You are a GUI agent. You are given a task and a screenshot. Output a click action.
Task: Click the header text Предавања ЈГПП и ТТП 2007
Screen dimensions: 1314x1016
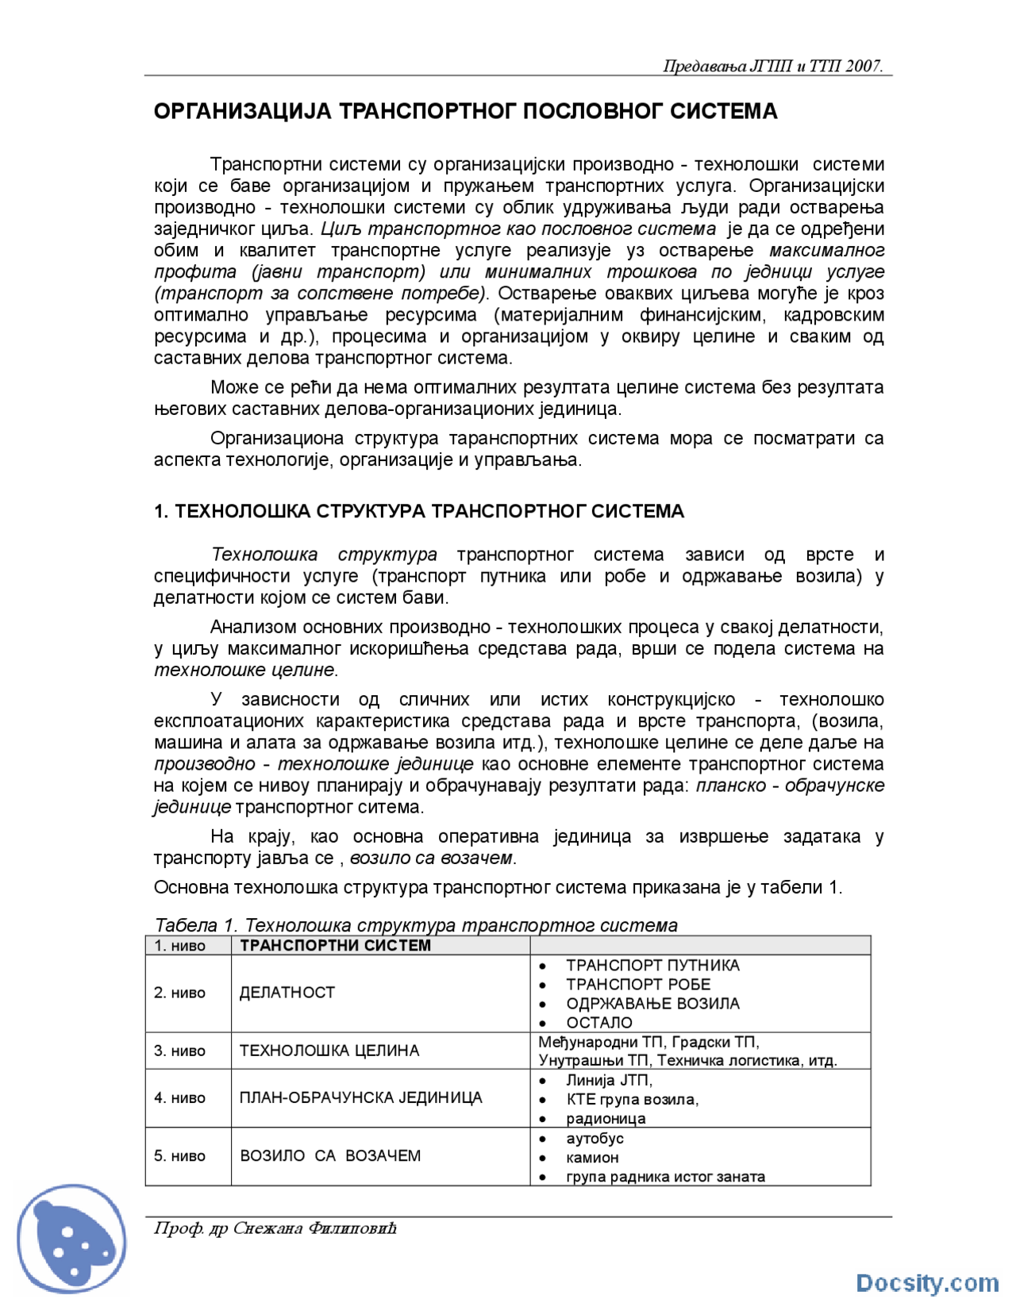pos(772,67)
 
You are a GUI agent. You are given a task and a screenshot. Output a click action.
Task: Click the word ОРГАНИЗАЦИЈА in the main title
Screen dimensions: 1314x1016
pos(242,112)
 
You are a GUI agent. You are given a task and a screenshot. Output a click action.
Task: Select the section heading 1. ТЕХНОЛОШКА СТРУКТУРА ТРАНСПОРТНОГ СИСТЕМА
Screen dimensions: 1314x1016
pos(418,511)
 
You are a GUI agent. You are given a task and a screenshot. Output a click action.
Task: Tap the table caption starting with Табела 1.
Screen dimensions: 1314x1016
pos(416,924)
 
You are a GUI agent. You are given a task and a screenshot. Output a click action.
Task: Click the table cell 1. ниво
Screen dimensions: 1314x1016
pos(180,946)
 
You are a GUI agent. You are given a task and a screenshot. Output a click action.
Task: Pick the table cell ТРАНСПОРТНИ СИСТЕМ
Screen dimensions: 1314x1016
pos(335,946)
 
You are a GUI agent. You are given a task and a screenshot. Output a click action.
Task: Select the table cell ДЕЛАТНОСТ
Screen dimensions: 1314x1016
pos(287,993)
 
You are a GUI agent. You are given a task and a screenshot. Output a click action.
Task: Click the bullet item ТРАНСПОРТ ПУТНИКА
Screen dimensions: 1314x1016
pos(652,966)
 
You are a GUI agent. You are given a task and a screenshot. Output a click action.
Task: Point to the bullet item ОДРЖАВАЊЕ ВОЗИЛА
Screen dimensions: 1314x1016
pos(652,1004)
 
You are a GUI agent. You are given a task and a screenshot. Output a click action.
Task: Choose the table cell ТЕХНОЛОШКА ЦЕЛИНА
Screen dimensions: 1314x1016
pos(329,1051)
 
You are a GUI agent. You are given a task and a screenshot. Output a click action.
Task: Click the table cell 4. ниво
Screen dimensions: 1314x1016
pos(180,1098)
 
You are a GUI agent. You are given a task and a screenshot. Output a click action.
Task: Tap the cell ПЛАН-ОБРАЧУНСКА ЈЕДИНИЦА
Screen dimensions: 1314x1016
pos(360,1098)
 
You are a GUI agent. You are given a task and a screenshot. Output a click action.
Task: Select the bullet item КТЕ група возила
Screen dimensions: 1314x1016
pos(632,1100)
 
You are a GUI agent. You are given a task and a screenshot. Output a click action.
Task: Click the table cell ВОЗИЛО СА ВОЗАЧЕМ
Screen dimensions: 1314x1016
pos(330,1156)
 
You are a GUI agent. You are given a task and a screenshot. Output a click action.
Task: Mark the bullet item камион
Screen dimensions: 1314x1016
pos(592,1158)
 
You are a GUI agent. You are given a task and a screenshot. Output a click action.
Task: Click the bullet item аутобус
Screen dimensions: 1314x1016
pos(595,1139)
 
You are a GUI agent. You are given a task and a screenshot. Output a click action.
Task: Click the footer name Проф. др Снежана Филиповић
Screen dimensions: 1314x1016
pos(275,1229)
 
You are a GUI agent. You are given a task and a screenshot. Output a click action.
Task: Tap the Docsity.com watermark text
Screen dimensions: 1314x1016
pos(926,1283)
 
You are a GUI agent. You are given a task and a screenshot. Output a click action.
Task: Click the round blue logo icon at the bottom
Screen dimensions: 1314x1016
pos(71,1239)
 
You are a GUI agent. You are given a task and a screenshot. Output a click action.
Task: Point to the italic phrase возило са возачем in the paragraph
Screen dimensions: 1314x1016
pos(432,859)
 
